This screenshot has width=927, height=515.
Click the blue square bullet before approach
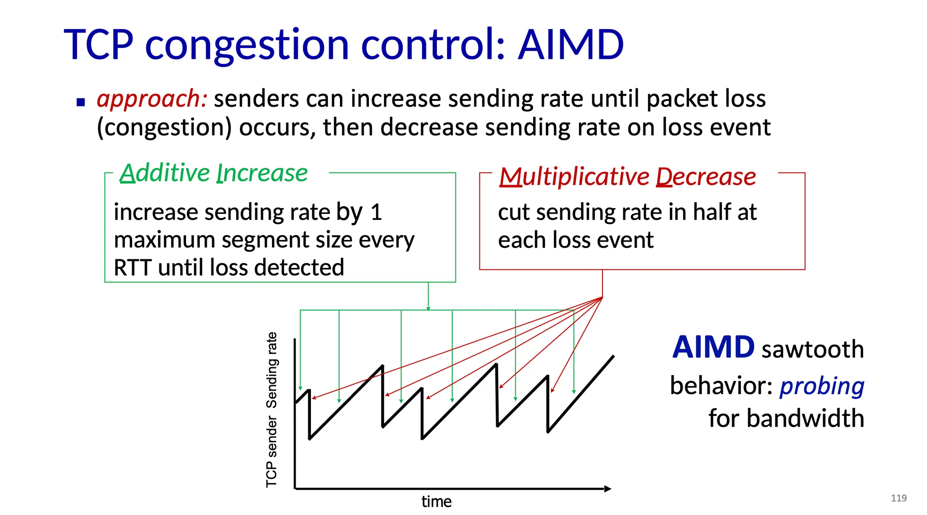point(81,102)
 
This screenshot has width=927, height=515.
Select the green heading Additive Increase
point(214,173)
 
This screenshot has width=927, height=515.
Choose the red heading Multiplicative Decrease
point(627,176)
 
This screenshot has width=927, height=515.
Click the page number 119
point(899,498)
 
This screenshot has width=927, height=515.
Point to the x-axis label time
point(436,501)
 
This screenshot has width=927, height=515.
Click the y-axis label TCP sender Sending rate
point(272,410)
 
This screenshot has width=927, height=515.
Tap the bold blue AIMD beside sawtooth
point(713,348)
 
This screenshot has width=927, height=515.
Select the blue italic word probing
point(822,386)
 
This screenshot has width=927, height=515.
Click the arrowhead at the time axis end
point(608,489)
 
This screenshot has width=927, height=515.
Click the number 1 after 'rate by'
point(376,212)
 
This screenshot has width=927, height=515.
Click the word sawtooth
point(813,349)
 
